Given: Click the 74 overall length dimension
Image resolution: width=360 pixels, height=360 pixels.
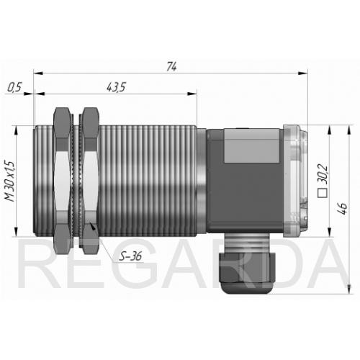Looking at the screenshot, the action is click(x=171, y=66).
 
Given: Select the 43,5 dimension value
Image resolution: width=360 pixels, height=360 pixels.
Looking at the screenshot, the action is click(x=116, y=87).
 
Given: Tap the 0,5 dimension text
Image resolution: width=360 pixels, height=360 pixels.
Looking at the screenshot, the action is click(x=14, y=87).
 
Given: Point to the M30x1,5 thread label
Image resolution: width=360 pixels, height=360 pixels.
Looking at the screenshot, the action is click(x=10, y=181).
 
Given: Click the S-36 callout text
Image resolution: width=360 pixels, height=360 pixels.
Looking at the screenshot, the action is click(x=130, y=256).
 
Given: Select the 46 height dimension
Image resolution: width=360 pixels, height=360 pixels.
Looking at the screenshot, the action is click(x=342, y=208).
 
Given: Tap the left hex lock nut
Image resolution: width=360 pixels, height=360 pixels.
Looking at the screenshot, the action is click(x=62, y=181).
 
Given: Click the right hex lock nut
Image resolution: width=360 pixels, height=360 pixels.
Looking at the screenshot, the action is click(x=89, y=181).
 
